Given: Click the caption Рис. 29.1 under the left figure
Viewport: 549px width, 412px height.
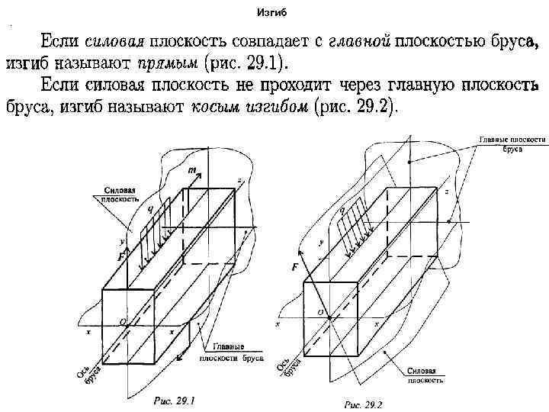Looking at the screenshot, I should click(175, 399).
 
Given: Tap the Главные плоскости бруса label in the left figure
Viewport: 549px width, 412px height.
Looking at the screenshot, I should click(232, 351).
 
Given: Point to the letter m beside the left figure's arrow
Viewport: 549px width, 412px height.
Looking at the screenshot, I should click(191, 170).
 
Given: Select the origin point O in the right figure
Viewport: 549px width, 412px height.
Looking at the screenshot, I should click(319, 313).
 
